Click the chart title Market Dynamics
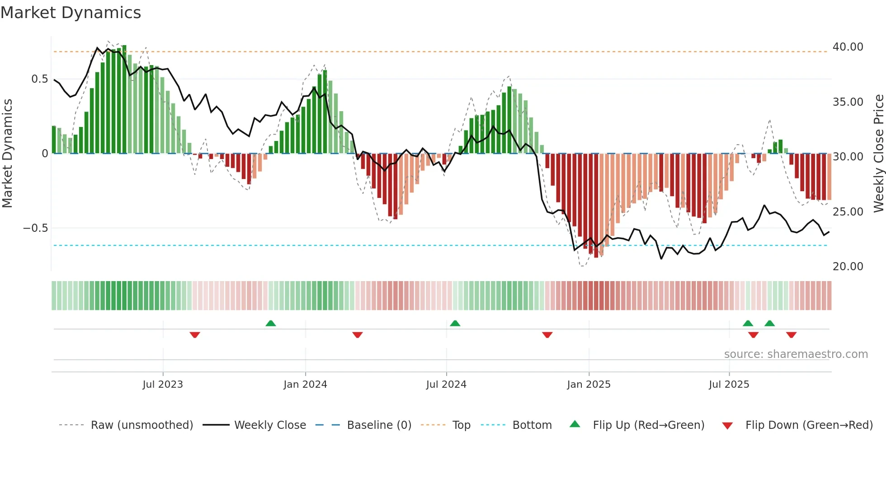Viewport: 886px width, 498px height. click(71, 13)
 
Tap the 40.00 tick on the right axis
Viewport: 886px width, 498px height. click(848, 47)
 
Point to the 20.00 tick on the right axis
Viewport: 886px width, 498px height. click(848, 267)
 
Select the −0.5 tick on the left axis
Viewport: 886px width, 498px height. click(35, 228)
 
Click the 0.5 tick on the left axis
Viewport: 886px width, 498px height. click(39, 79)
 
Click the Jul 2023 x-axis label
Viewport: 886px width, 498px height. click(163, 385)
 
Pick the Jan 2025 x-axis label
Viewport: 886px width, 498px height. click(589, 385)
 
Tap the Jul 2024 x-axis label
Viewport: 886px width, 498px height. click(446, 385)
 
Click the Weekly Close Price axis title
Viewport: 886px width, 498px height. click(878, 154)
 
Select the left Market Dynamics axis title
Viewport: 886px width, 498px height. click(7, 154)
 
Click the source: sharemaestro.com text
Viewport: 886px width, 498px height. click(796, 354)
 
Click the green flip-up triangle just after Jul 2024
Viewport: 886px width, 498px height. click(455, 324)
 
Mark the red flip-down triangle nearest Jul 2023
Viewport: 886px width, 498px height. click(195, 335)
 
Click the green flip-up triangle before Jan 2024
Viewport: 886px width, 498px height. click(271, 324)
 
